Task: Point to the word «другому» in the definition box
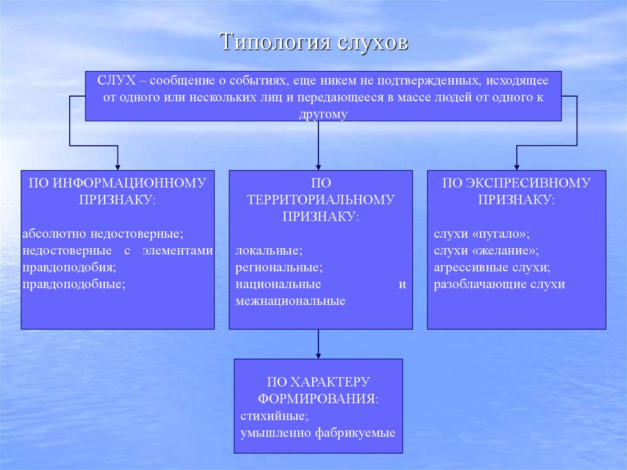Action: pos(323,114)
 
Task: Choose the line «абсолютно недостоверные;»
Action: pos(103,234)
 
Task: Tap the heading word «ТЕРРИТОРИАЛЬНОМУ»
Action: pos(321,199)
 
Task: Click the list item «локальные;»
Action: pos(269,251)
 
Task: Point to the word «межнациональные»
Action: pos(290,301)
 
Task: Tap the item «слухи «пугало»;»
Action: pos(481,234)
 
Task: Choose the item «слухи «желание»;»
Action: pos(486,251)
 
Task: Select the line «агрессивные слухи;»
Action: pos(492,268)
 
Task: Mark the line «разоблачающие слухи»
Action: pos(499,284)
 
